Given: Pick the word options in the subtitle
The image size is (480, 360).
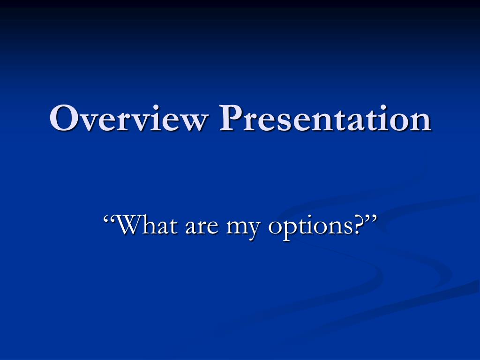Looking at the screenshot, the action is [310, 228].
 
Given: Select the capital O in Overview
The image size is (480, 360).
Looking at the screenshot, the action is [63, 118].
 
